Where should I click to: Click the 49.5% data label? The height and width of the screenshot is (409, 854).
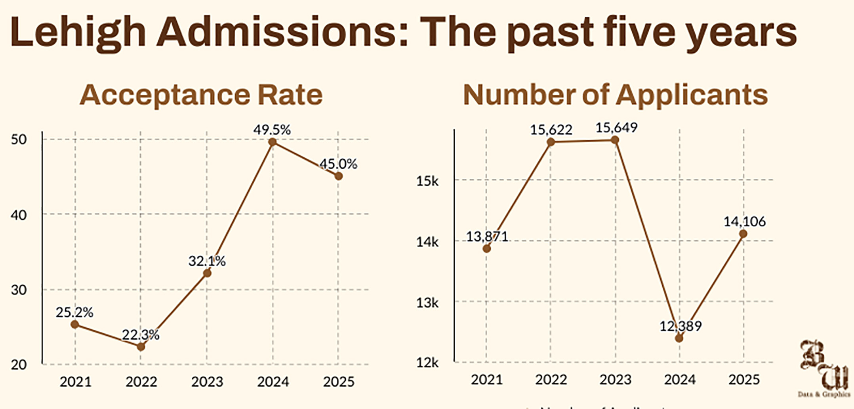(272, 130)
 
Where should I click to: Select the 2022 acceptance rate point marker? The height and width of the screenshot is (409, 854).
(141, 347)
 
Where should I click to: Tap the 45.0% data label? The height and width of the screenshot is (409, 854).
(338, 164)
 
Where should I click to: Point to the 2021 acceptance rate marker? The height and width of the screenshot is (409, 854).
(74, 325)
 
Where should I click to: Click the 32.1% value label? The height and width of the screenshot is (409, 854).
(207, 261)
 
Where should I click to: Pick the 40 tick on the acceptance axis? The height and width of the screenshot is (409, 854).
(19, 215)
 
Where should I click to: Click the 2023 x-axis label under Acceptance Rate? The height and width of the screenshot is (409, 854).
(207, 382)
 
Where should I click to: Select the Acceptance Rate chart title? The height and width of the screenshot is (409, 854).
(201, 95)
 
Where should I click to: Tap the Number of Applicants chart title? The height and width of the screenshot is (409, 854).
(615, 95)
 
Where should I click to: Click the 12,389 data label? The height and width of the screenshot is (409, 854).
(681, 326)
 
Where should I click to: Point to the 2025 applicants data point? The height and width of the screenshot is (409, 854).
(743, 234)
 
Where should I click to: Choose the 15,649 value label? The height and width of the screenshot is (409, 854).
(616, 128)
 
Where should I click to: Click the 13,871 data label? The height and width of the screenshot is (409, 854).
(487, 237)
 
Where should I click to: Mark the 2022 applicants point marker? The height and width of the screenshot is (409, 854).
(551, 142)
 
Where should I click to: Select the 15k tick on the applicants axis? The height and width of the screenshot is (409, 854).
(427, 181)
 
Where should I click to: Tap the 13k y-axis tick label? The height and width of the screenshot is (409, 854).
(427, 303)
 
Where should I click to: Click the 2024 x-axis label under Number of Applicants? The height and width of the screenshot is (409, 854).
(680, 380)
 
